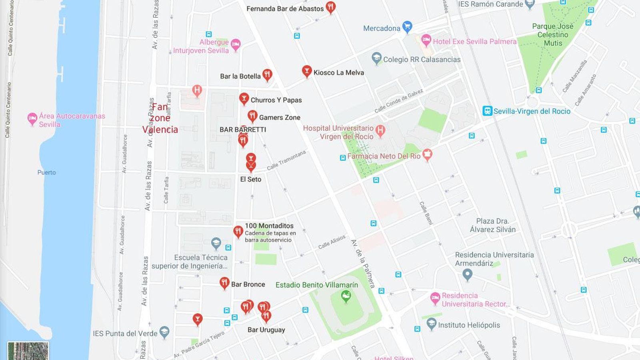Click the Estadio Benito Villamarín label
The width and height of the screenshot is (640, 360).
[x=316, y=285]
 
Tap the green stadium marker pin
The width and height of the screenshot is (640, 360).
[x=346, y=296]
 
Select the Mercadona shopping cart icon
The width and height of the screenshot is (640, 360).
[x=407, y=27]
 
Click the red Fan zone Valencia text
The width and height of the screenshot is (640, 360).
[x=160, y=118]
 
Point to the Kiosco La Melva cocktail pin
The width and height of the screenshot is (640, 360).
[x=306, y=72]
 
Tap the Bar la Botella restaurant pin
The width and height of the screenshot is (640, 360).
[x=267, y=75]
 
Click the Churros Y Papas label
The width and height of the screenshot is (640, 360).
[x=276, y=100]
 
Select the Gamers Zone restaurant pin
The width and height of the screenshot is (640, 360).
[x=252, y=116]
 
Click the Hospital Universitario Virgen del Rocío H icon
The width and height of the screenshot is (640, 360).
[x=380, y=130]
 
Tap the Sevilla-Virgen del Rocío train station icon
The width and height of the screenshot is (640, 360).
[x=487, y=111]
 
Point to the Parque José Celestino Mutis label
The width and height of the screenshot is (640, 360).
[x=552, y=34]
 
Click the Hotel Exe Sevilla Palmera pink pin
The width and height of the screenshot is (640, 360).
[x=426, y=40]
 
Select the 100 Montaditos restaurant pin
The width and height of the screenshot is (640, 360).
[x=238, y=232]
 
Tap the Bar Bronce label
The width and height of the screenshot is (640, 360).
[x=248, y=284]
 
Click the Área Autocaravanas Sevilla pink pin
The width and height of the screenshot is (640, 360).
[x=32, y=119]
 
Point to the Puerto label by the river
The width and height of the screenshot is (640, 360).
[x=46, y=172]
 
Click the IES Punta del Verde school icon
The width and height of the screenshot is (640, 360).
[x=164, y=332]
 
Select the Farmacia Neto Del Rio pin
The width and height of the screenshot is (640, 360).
[x=427, y=155]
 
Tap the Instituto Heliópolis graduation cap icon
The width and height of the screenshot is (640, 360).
[x=431, y=324]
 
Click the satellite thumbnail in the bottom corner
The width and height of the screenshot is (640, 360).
[x=28, y=351]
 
